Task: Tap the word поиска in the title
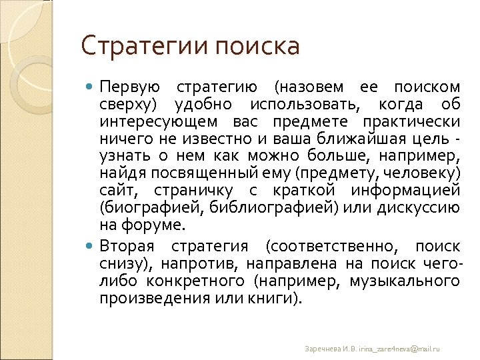258,47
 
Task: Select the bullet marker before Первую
91,87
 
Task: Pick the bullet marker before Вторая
91,245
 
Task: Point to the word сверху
127,105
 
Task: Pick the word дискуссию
418,208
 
